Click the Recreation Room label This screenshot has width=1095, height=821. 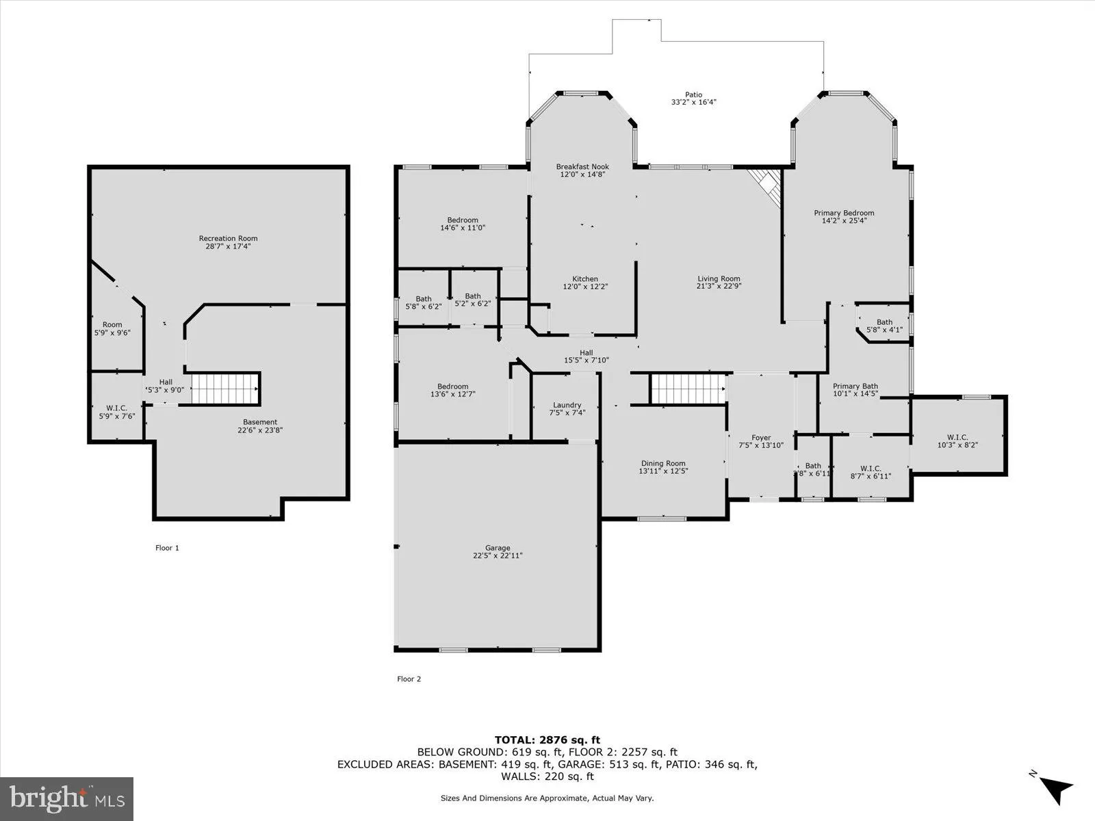coord(228,239)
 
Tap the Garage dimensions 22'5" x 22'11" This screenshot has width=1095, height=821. coord(498,556)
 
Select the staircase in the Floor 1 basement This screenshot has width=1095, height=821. coord(225,389)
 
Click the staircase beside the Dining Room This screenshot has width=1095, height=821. coord(687,389)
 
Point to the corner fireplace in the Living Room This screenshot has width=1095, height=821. coord(766,185)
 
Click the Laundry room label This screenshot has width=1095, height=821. coord(567,405)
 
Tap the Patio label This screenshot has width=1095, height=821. coord(693,95)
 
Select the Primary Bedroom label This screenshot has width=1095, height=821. coord(843,213)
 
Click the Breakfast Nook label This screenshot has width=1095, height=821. coord(582,167)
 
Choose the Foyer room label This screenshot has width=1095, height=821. coord(760,438)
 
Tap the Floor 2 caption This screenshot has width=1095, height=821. coord(409,679)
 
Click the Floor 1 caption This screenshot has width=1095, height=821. coord(167,547)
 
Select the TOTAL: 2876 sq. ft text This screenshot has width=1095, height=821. coord(547,740)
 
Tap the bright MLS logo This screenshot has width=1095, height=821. coord(67,798)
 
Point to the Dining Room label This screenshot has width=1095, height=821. coord(662,463)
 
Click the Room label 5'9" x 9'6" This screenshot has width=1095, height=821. coord(112,325)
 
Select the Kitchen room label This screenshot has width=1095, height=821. coord(584,279)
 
